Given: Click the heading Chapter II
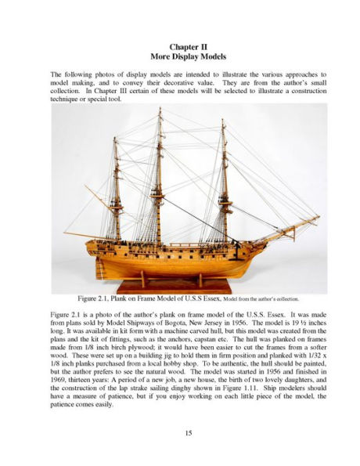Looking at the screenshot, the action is tap(179, 46).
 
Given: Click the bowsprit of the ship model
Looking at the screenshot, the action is tap(290, 228).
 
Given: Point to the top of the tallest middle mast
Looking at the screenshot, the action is tap(160, 112).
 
